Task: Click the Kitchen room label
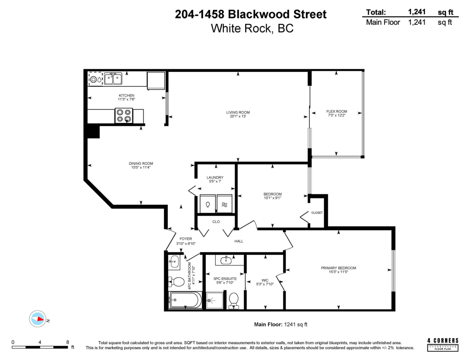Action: point(126,95)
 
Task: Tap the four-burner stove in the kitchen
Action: point(124,116)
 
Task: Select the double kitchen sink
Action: point(113,79)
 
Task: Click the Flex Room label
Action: point(337,111)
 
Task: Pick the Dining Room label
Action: point(141,163)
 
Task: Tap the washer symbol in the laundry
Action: point(208,204)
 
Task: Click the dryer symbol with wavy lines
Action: point(224,204)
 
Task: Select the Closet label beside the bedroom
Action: point(317,213)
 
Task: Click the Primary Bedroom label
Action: point(338,268)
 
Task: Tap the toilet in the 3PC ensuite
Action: point(234,300)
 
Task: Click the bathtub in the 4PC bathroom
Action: point(185,300)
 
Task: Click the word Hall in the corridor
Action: point(239,241)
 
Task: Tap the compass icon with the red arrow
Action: point(38,319)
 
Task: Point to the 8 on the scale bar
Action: point(68,342)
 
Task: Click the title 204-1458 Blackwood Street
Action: point(250,14)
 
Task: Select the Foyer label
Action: point(185,239)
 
